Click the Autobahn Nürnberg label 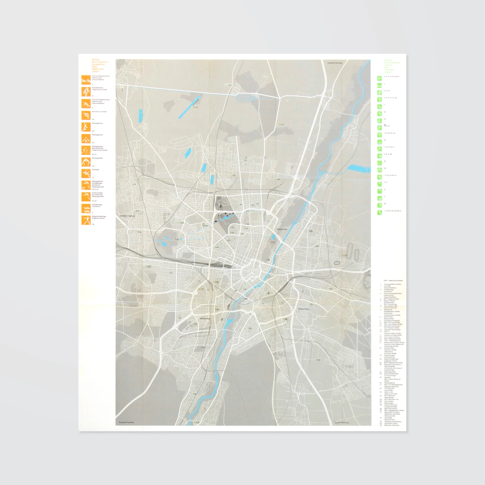pos(335,63)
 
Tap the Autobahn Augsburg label pos(127,216)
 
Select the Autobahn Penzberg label pos(126,422)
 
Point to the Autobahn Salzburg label pos(341,422)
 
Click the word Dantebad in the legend pos(95,170)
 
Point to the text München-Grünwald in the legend pos(99,112)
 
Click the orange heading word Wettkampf pos(98,69)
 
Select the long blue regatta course pos(189,107)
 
